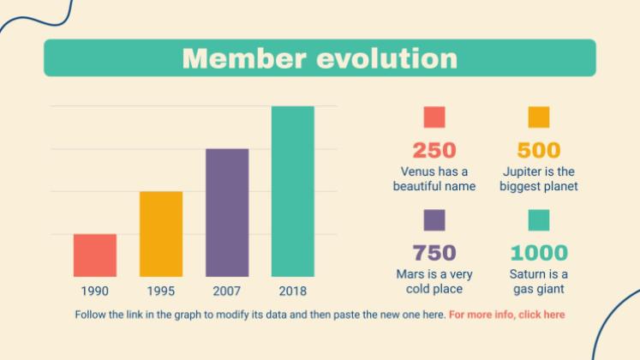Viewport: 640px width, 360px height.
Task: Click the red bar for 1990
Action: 94,255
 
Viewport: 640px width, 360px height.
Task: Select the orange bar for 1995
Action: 161,233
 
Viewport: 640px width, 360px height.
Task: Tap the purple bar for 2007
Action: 227,212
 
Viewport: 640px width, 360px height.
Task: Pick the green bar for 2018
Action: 293,190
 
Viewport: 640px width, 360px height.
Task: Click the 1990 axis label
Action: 94,291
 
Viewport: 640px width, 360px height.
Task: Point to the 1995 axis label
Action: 161,291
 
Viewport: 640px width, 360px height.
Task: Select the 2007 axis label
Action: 227,291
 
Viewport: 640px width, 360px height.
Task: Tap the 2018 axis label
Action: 293,291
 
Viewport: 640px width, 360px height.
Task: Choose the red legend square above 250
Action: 434,117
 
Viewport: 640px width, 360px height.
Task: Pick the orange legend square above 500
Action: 539,117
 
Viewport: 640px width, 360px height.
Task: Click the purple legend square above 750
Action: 434,220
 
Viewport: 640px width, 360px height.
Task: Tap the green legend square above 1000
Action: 539,220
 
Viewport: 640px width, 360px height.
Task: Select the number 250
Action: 434,151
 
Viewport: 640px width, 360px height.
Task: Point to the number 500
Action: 539,151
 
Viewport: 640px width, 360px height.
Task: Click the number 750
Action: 434,253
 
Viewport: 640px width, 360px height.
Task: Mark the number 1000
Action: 539,253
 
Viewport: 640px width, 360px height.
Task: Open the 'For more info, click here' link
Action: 506,315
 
